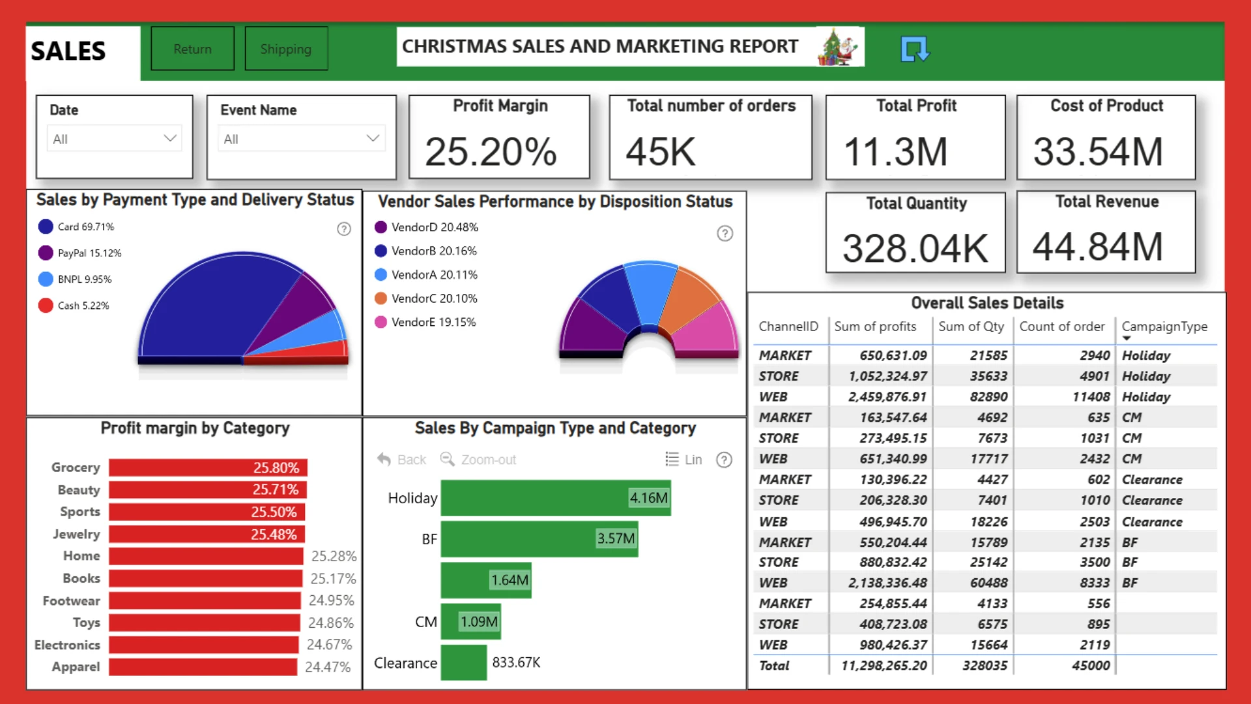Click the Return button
pos(192,48)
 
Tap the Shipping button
pos(286,48)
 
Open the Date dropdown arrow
pos(170,138)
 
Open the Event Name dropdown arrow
pos(373,138)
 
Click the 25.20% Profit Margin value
pos(491,152)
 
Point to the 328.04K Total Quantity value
pos(915,248)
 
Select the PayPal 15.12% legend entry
pos(80,253)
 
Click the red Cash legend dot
pos(46,305)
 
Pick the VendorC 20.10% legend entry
pos(426,299)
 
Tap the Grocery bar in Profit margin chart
pos(208,467)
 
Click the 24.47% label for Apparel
pos(328,667)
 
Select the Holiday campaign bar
pos(556,498)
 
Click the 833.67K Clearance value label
pos(516,662)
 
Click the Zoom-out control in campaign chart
pos(478,460)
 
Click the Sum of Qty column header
pos(971,327)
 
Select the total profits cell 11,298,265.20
pos(884,666)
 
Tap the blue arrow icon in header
pos(915,49)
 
